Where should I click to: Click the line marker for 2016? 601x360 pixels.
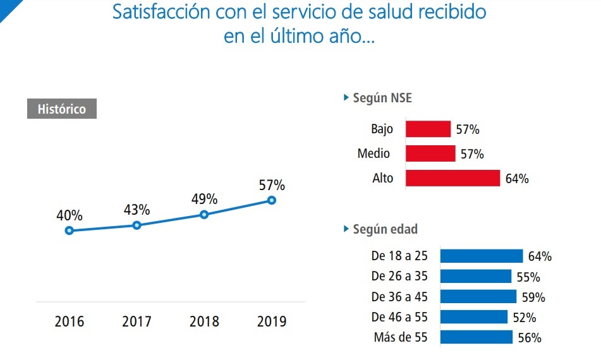[70, 231]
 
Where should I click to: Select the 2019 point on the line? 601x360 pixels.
[272, 200]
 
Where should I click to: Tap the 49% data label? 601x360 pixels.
[204, 200]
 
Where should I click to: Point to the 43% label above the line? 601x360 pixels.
[137, 210]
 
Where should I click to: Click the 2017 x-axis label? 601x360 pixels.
[137, 321]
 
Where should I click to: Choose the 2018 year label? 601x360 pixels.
[204, 321]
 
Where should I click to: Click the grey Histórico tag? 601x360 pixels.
[61, 109]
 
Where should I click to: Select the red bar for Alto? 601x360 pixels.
[452, 178]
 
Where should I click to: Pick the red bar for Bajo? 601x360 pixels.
[428, 129]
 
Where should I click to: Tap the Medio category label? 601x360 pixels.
[373, 153]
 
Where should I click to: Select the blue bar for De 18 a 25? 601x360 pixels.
[482, 256]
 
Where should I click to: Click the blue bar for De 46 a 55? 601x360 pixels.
[474, 317]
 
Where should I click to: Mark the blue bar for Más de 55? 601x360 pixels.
[477, 337]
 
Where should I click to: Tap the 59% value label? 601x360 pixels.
[533, 297]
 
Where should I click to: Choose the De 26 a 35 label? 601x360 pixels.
[399, 277]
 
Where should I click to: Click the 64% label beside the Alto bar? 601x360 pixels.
[517, 179]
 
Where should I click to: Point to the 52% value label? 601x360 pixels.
[525, 318]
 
